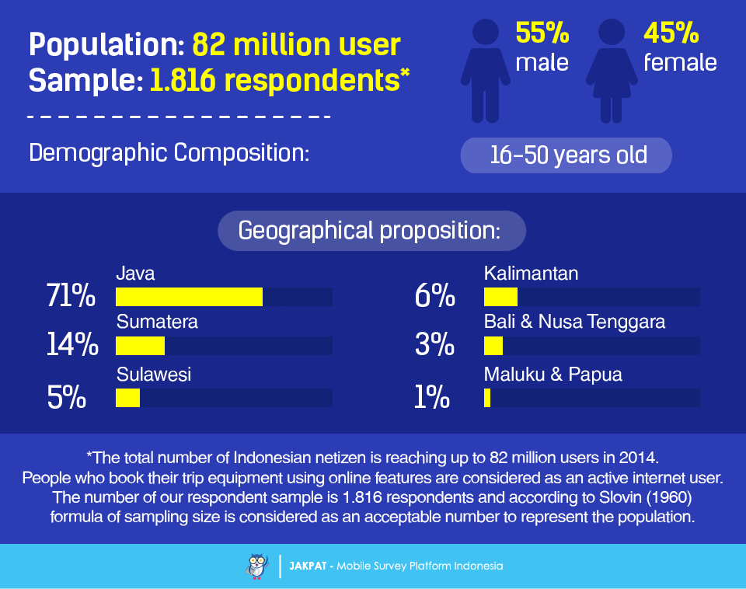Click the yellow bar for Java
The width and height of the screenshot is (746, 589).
(x=189, y=297)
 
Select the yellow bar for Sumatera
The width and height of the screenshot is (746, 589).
(x=141, y=346)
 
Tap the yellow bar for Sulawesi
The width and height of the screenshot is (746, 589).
(x=128, y=398)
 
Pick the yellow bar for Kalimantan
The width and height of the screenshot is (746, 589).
(x=500, y=297)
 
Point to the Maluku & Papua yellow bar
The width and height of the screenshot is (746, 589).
(x=487, y=398)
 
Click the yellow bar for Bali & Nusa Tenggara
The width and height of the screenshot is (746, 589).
(x=493, y=346)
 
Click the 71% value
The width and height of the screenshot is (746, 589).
(x=71, y=295)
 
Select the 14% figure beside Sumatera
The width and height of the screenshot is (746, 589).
(x=72, y=344)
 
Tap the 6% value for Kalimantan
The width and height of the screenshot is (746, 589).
(x=435, y=295)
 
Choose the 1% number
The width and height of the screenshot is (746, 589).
(x=432, y=397)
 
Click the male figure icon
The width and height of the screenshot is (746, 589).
(x=485, y=71)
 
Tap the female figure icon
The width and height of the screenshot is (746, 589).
(x=612, y=71)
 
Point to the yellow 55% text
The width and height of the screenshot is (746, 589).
(x=542, y=33)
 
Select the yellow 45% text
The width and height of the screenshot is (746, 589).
(x=671, y=33)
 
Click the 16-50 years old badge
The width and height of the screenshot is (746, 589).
(x=566, y=155)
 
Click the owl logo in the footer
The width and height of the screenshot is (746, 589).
(x=257, y=566)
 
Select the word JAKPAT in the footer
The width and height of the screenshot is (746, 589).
(x=308, y=566)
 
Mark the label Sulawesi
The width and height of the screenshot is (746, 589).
(x=154, y=375)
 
